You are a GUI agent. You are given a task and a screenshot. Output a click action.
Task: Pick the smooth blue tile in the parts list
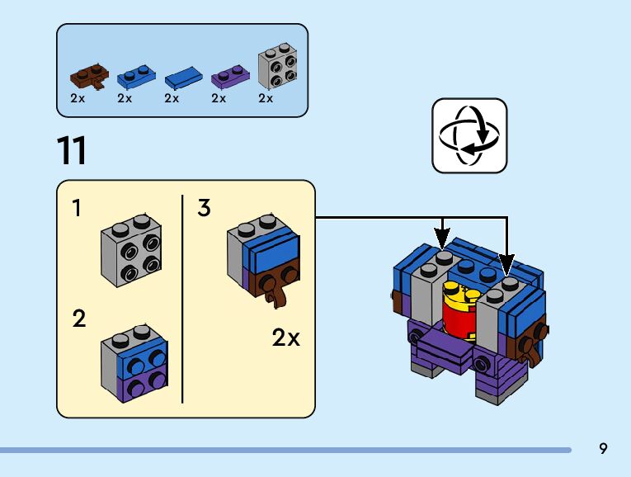(x=184, y=78)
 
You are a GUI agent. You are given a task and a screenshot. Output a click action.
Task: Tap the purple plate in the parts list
(x=229, y=77)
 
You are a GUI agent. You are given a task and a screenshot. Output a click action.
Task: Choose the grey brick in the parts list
(x=278, y=68)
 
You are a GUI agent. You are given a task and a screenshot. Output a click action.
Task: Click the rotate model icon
(x=469, y=136)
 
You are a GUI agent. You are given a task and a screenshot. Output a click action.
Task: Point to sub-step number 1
(x=77, y=209)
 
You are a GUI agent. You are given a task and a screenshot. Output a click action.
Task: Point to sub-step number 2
(x=78, y=319)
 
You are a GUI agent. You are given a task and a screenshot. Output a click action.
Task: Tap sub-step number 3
(x=204, y=208)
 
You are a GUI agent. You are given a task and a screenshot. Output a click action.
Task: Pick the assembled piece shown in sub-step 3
(x=261, y=256)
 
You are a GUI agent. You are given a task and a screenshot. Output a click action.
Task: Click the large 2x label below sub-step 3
(x=285, y=338)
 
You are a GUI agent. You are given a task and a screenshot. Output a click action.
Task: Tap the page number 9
(x=603, y=449)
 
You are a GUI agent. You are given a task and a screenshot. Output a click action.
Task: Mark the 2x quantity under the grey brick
(x=266, y=98)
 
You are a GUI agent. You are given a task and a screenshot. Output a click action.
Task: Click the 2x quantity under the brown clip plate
(x=78, y=98)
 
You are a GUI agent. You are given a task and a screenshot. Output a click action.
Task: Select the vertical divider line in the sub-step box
(x=182, y=299)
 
